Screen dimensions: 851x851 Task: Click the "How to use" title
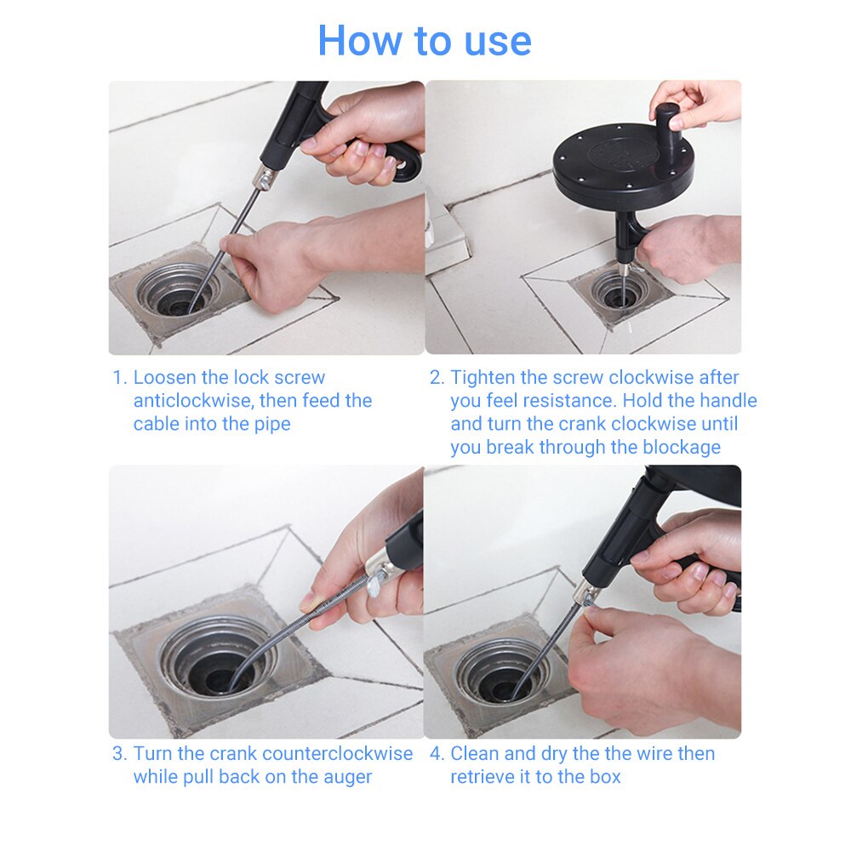[x=425, y=41]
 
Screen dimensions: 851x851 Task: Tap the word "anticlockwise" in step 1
[x=191, y=401]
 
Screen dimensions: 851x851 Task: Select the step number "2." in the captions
[x=437, y=378]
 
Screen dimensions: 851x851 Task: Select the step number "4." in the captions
[x=437, y=754]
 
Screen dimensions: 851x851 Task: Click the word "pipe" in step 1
[x=271, y=424]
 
